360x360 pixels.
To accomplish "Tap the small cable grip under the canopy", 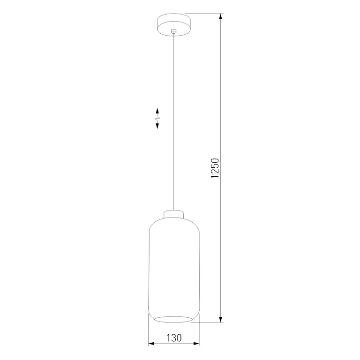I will click(x=174, y=32).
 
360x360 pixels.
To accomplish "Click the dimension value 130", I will click(x=173, y=337).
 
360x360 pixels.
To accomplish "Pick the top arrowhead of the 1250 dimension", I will click(x=221, y=17).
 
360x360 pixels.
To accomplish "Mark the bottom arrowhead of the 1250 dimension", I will click(x=221, y=319).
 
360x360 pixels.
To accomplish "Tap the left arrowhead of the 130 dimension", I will click(x=151, y=344).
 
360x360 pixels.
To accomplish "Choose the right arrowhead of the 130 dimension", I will click(x=197, y=344).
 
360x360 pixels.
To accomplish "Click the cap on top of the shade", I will click(x=174, y=214).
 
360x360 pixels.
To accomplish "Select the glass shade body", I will click(x=174, y=267).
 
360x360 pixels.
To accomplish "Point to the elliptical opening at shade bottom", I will click(x=174, y=319).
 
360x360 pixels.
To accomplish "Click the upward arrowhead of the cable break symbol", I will click(x=157, y=111).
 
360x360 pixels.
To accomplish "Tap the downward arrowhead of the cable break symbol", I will click(x=157, y=126).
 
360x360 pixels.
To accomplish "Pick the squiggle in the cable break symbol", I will click(x=157, y=119).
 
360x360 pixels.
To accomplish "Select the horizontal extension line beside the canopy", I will click(x=204, y=14).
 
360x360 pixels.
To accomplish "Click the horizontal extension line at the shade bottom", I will click(x=209, y=322).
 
